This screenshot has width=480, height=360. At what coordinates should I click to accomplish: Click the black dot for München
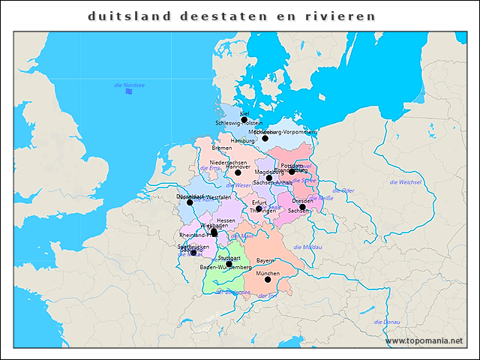(268, 280)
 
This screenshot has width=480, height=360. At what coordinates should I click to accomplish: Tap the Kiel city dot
(244, 119)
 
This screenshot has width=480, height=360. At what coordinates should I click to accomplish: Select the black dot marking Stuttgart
(229, 264)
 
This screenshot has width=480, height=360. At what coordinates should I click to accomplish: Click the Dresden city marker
(303, 207)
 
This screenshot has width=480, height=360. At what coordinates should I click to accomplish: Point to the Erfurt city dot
(259, 208)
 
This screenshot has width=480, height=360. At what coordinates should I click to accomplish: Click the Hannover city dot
(238, 172)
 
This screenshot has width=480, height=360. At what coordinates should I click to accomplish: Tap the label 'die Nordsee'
(129, 85)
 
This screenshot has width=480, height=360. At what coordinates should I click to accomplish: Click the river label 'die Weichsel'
(406, 182)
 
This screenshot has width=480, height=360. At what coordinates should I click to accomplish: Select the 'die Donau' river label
(386, 322)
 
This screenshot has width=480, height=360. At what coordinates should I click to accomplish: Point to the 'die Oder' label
(343, 190)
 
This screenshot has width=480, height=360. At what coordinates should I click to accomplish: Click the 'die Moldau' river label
(307, 247)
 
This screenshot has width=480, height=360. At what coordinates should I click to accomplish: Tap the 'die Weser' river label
(239, 185)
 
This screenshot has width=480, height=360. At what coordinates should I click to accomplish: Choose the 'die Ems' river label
(209, 168)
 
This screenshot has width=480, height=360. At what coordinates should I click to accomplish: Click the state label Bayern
(265, 260)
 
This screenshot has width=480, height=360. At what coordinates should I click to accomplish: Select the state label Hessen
(226, 220)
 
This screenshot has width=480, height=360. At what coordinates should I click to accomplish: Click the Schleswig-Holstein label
(238, 122)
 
